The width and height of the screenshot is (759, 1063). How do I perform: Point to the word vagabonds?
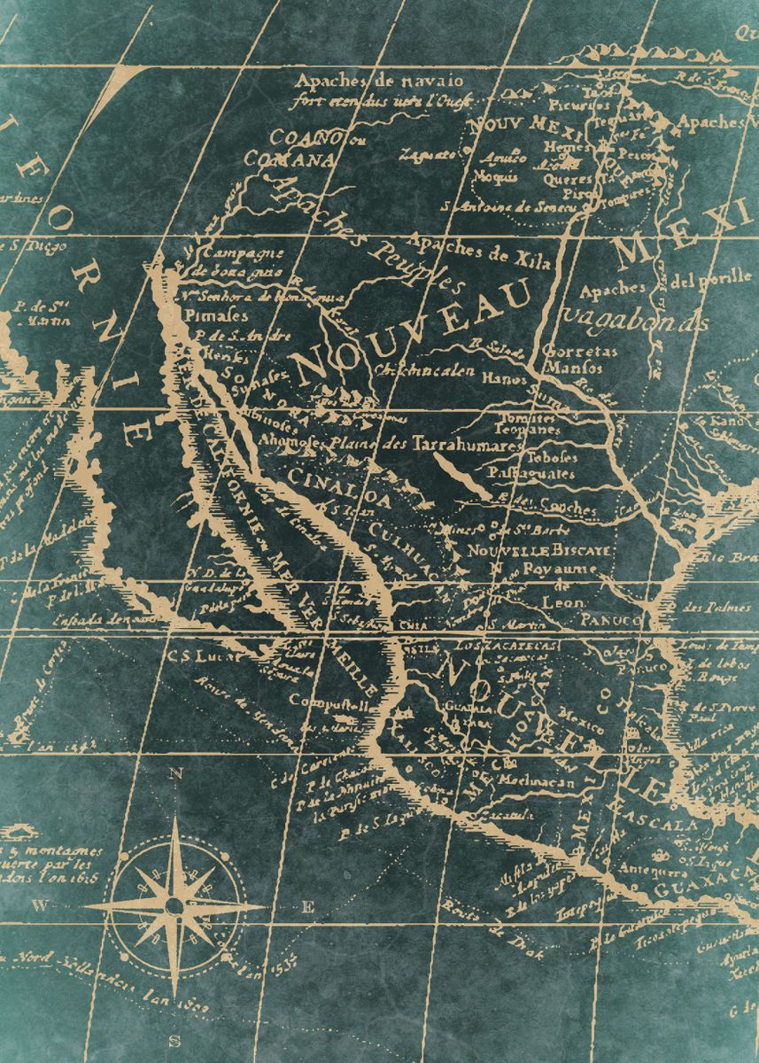635,319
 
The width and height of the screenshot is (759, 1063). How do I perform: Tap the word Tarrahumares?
467,446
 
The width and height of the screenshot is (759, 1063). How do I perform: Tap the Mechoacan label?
538,782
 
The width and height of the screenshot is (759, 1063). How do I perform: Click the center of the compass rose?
174,904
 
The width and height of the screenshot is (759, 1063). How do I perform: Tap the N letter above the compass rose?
175,773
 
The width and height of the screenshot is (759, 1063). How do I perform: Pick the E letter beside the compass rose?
308,905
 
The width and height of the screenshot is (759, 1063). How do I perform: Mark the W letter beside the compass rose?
39,905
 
